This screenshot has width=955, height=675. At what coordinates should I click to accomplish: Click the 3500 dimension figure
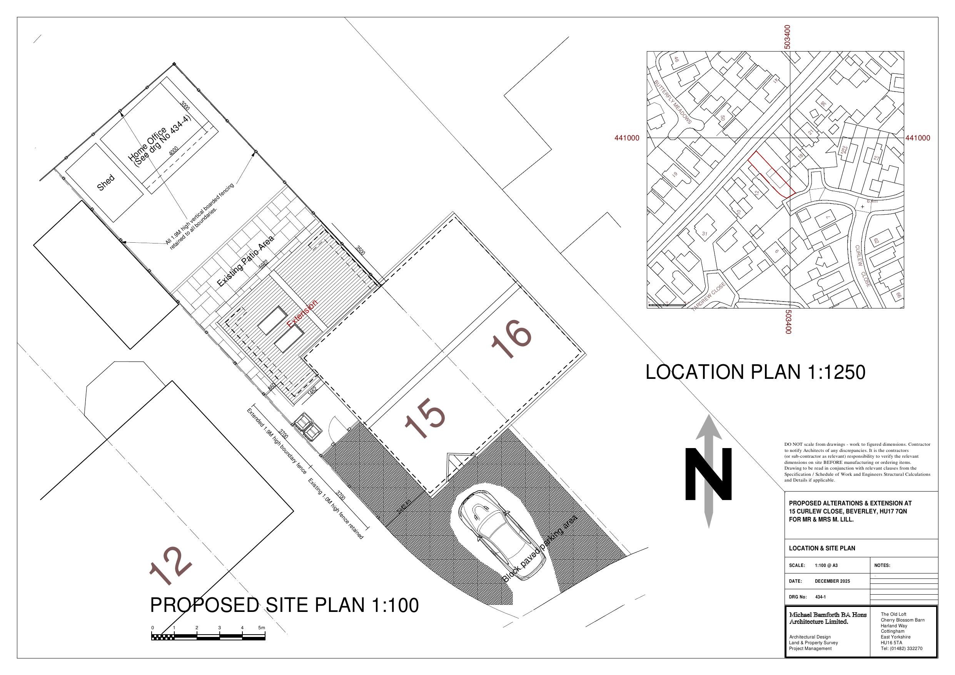tap(360, 251)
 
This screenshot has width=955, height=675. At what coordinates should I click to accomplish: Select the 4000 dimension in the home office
tap(174, 150)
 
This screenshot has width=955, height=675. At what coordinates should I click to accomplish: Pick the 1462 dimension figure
tap(312, 390)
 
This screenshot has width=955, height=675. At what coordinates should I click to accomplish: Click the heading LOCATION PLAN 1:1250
tap(755, 372)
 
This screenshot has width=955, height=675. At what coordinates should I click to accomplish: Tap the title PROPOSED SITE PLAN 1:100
tap(284, 605)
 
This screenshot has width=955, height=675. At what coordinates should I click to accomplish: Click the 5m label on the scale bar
tap(261, 628)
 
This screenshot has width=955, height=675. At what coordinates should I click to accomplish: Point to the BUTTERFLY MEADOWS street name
tap(673, 102)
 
